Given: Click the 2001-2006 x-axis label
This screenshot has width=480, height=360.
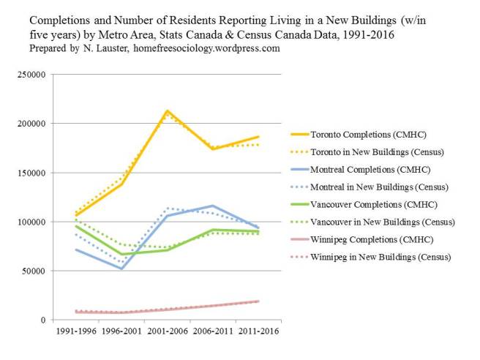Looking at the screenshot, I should [168, 331].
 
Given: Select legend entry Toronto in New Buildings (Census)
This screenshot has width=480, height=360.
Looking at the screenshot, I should [377, 152].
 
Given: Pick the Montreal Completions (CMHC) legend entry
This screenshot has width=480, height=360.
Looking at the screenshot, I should [370, 170].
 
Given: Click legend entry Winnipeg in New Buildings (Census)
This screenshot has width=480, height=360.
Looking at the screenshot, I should [380, 257].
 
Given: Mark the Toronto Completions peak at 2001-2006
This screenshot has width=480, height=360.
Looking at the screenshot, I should [168, 111].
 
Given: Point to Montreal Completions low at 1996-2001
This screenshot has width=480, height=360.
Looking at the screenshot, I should [122, 269].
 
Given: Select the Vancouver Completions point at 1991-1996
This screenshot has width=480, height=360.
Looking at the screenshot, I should [77, 226].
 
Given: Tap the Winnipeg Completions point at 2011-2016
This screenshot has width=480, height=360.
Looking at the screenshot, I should [258, 301].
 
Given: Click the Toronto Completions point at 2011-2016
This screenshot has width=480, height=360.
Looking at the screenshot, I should [258, 137].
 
